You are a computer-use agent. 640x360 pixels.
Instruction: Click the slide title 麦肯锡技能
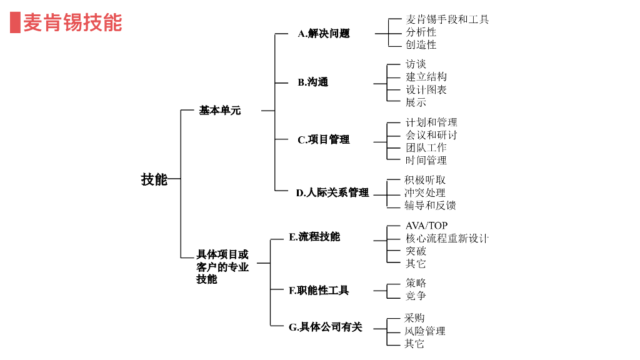pos(72,22)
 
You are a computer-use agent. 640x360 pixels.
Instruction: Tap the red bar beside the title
pos(15,22)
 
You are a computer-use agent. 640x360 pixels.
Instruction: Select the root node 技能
pos(154,179)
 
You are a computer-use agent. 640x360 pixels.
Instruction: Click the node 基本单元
pos(219,111)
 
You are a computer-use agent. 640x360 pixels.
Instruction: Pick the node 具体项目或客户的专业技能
pos(222,267)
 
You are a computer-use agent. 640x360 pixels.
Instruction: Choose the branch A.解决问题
pos(323,34)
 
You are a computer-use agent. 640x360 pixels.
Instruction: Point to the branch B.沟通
pos(312,82)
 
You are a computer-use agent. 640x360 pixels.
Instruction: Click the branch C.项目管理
pos(323,140)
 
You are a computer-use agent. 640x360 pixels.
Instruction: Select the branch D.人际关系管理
pos(332,192)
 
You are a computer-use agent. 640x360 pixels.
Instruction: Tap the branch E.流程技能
pos(314,237)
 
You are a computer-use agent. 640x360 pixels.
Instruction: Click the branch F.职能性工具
pos(318,291)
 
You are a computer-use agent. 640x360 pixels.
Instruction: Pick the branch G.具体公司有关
pos(325,327)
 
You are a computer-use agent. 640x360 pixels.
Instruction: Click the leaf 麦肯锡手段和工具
pos(447,19)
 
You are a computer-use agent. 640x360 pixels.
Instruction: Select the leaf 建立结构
pos(426,77)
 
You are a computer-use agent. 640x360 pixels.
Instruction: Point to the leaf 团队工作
pos(426,147)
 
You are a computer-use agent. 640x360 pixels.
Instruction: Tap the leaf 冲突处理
pos(425,192)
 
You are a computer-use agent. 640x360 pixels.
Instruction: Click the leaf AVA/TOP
pos(426,226)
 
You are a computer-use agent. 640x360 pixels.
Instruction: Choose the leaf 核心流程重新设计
pos(447,238)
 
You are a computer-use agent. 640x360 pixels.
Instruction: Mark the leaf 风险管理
pos(425,331)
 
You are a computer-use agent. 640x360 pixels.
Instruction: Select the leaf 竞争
pos(416,296)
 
